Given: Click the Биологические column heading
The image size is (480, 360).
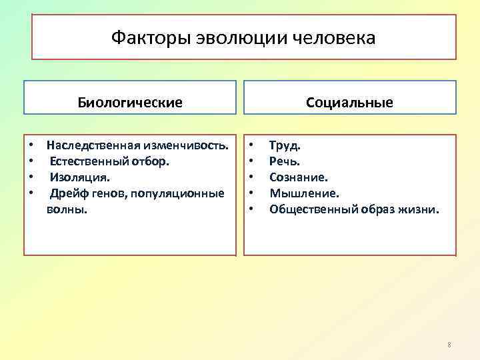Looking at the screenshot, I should pos(130,103).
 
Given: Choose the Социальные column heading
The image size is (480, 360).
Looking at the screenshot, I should pos(349,103).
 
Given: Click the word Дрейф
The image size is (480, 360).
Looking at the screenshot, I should pos(66,193).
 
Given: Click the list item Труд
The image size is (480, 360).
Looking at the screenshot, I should pos(285,145).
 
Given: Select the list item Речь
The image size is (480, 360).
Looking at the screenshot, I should pos(285,161).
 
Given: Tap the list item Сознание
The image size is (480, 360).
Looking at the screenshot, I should pos(298,177).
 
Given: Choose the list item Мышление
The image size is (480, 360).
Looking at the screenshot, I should pos(304,193).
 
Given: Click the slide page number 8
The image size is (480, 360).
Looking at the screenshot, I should pos(449,345).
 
